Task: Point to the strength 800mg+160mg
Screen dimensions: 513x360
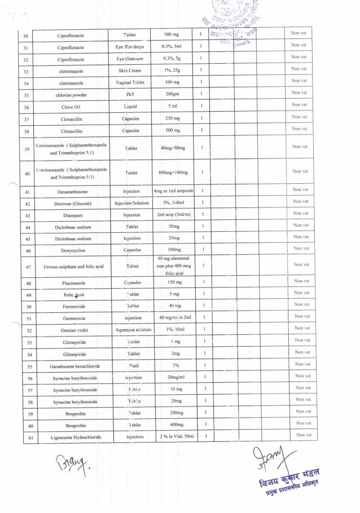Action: (174, 173)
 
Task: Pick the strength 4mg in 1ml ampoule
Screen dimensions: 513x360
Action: (174, 192)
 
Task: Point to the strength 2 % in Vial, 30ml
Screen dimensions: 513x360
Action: (176, 437)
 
